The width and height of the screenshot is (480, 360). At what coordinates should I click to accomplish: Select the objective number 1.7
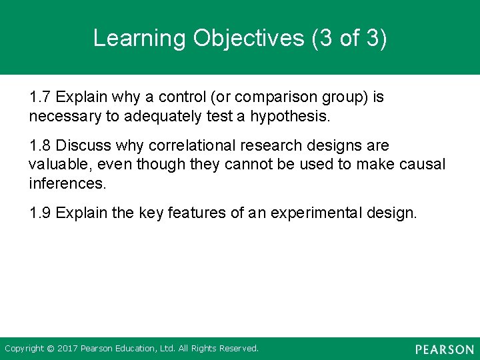tap(40, 97)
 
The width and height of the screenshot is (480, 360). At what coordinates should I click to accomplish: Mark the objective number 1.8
tap(40, 145)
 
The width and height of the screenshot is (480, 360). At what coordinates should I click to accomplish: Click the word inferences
tap(67, 183)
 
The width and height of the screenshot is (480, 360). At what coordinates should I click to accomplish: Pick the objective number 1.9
tap(40, 213)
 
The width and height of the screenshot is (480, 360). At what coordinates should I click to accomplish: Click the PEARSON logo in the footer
tap(444, 349)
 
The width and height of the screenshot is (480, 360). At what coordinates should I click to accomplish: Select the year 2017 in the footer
tap(67, 349)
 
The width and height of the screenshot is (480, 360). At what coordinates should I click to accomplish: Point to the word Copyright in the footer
tap(25, 349)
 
